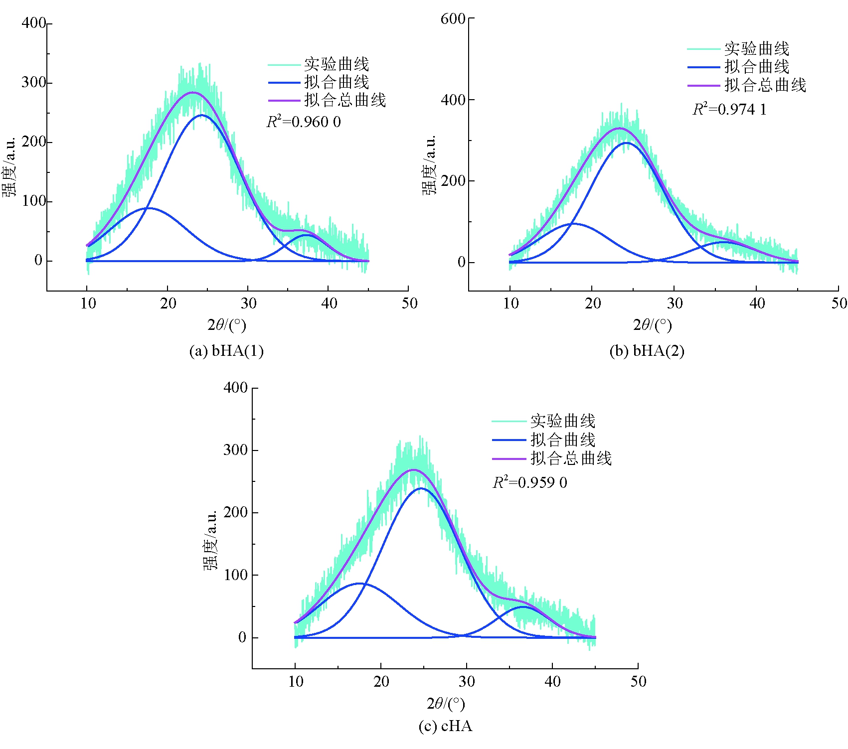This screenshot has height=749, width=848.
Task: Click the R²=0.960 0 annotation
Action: point(304,122)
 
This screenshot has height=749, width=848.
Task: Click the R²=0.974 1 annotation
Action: point(729,109)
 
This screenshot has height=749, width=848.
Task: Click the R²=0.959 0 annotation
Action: point(530,482)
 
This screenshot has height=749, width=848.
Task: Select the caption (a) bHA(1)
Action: point(226,351)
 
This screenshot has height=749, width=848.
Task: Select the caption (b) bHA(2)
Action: point(647,351)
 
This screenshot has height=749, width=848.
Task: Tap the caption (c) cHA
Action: point(445,726)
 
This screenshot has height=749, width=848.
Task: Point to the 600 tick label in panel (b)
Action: point(453,19)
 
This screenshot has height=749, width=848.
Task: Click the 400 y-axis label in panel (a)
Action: point(33,23)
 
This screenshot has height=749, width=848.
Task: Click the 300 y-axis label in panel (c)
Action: point(235,450)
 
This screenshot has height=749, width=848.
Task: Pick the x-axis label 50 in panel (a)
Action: point(409,303)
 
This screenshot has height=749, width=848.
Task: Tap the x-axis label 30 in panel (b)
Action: point(675,303)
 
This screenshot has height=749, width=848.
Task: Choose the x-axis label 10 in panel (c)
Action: point(296,682)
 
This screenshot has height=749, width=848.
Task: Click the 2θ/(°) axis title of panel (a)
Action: point(227,325)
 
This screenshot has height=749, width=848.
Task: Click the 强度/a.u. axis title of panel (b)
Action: point(429,164)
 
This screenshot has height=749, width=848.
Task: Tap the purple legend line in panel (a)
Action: point(284,101)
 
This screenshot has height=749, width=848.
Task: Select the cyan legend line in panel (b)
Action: point(703,49)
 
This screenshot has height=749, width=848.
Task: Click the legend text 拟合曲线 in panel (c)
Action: point(563,440)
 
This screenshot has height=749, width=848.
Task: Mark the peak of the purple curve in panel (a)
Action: point(193,92)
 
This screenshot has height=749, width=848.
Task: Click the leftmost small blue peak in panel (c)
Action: point(359,583)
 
